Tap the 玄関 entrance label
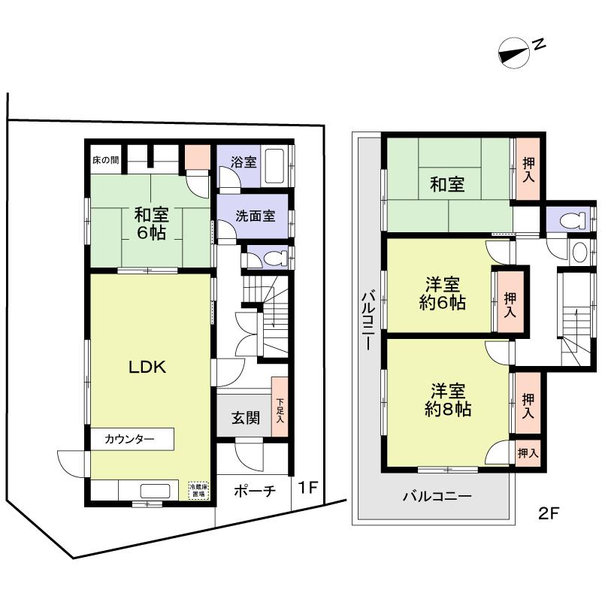(245, 418)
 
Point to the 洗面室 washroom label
(255, 215)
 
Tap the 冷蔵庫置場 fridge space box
(198, 491)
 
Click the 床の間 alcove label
(105, 160)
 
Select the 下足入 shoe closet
(280, 411)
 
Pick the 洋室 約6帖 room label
(443, 294)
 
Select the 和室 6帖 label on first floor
(151, 222)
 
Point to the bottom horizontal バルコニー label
(437, 496)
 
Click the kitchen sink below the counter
(155, 491)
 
